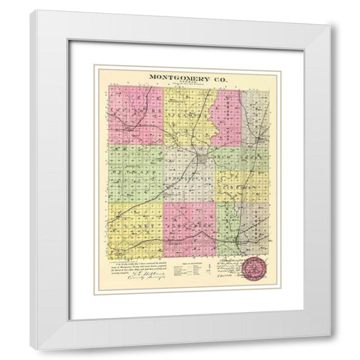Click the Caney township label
point(135,224)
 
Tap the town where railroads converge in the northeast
point(258,139)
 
